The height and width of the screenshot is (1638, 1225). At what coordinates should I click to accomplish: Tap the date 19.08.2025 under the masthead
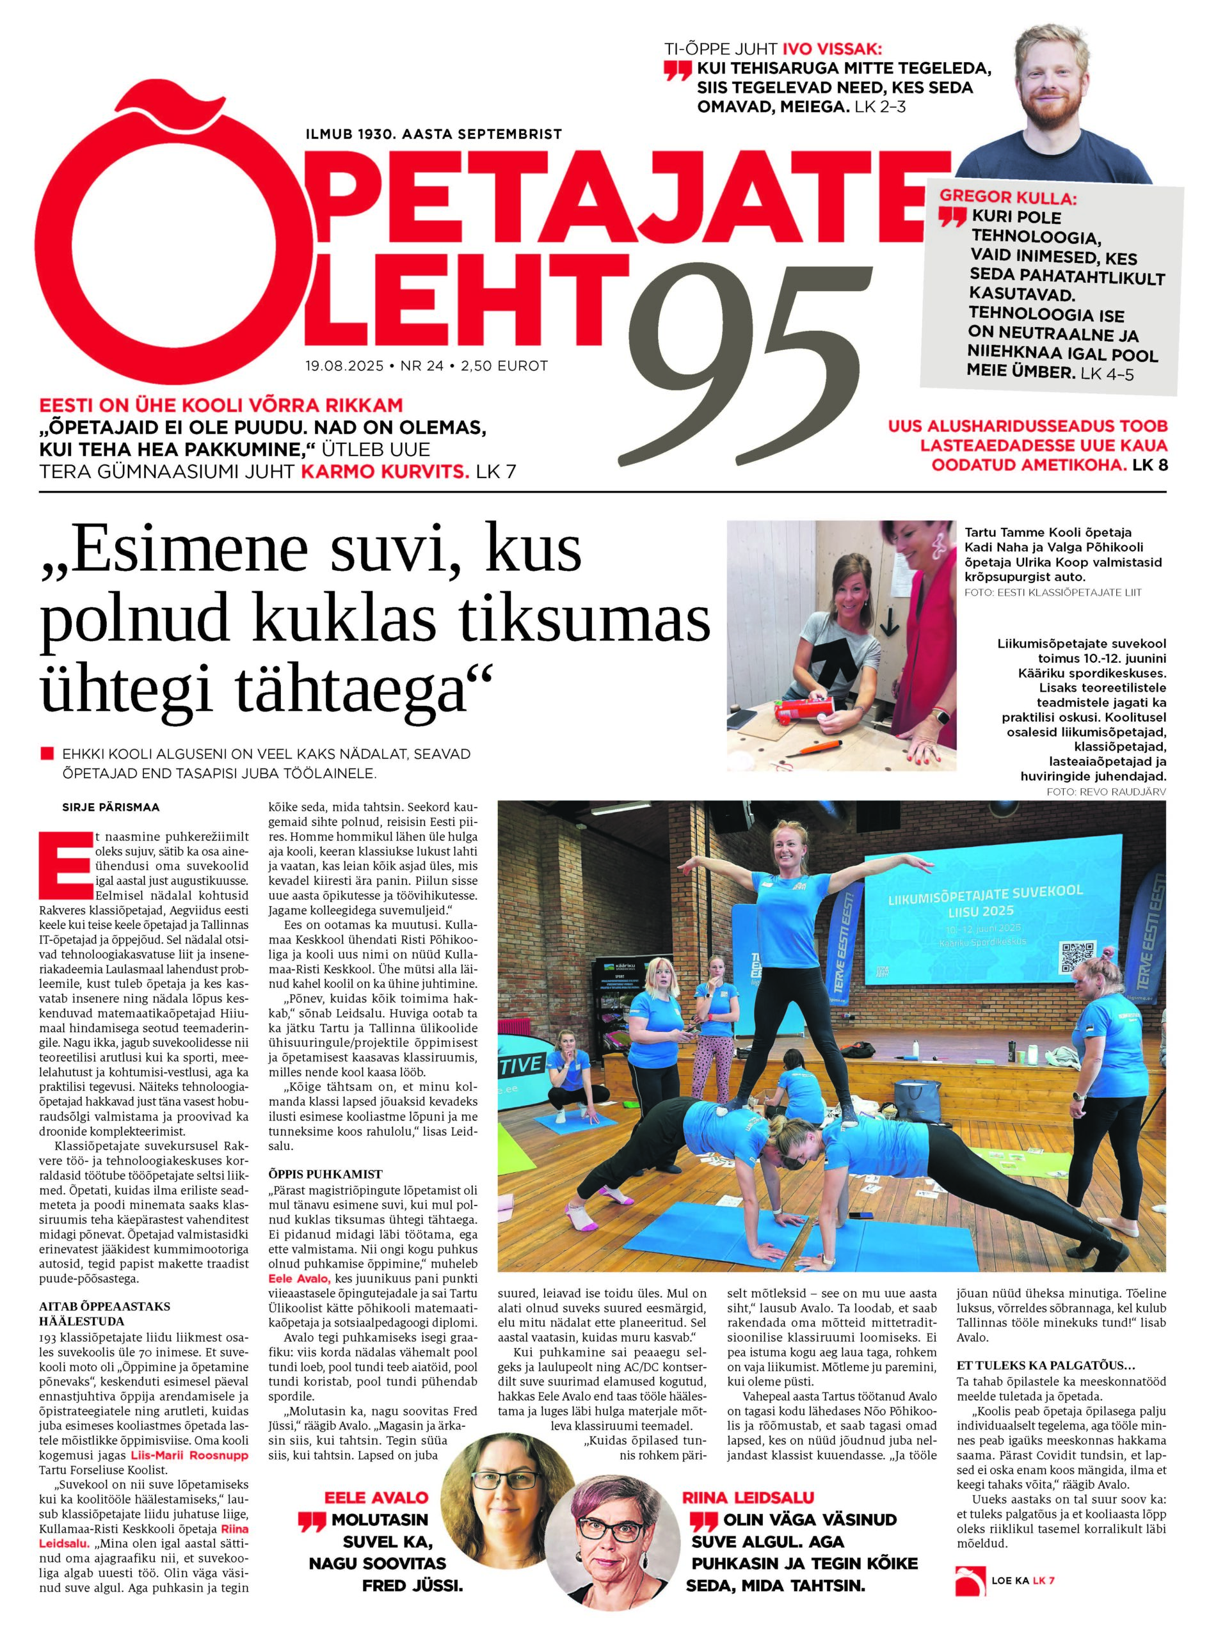point(344,366)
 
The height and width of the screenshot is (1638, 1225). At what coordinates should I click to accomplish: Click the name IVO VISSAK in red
point(833,50)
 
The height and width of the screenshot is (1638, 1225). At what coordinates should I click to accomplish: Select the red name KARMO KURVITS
point(385,472)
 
